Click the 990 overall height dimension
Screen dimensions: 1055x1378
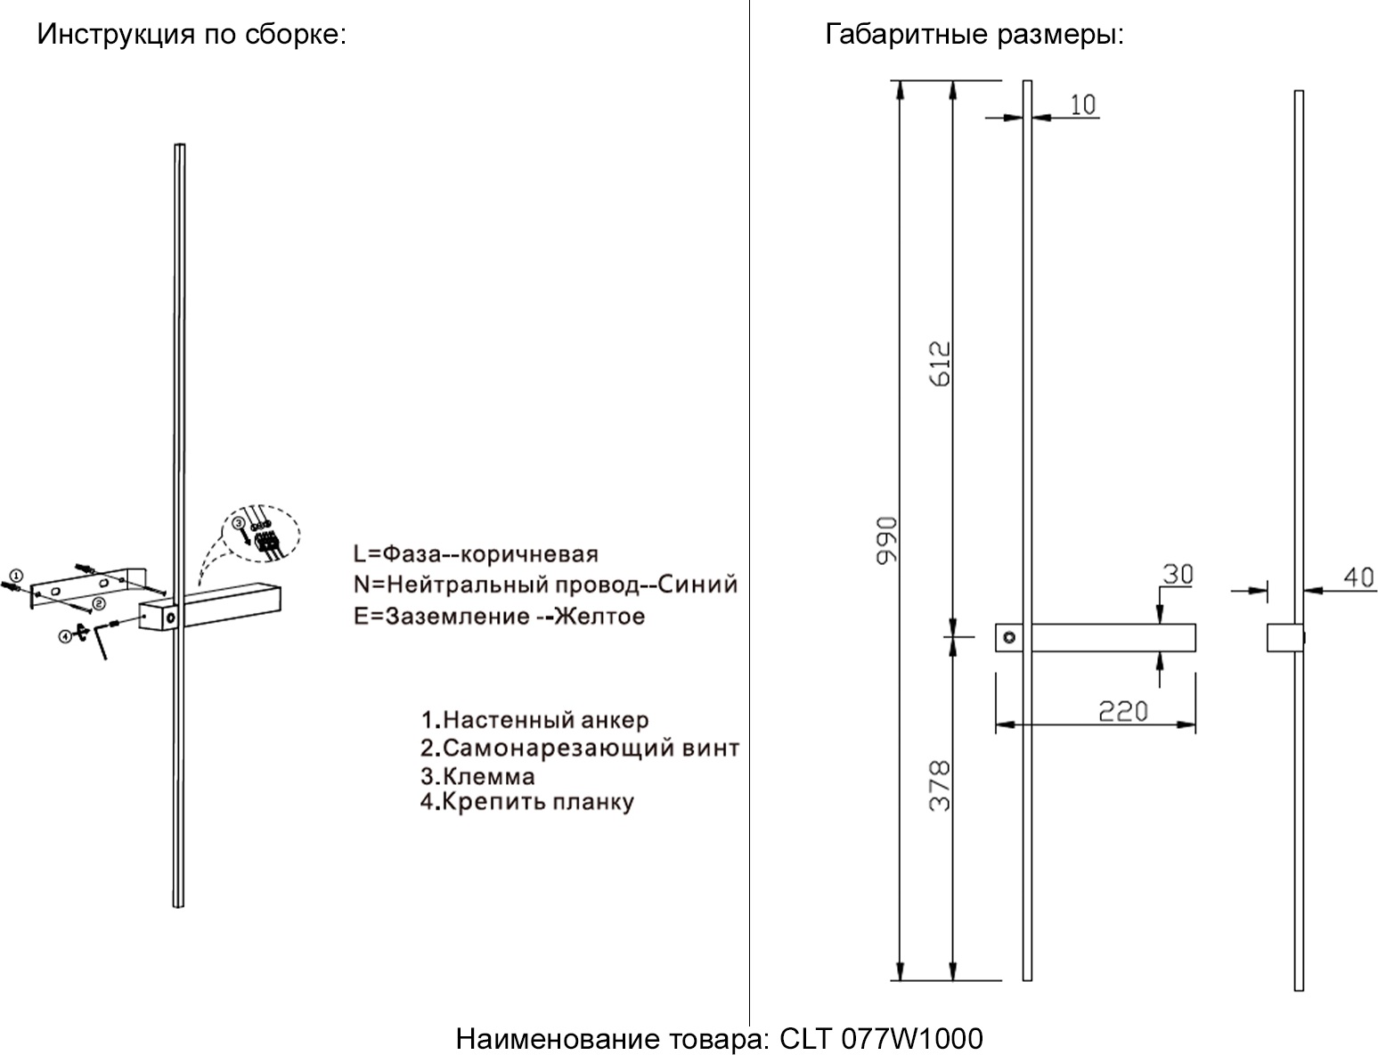886,539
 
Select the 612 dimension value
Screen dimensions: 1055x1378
940,363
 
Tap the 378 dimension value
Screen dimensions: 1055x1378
940,785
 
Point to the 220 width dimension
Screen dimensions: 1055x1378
1122,711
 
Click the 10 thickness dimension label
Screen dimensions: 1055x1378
1081,104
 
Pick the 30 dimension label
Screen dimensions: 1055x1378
1177,575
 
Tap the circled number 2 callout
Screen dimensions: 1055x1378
99,603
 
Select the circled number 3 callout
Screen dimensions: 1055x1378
239,523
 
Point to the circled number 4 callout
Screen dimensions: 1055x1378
65,635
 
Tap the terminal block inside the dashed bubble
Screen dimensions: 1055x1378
265,544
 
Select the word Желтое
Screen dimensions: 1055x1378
599,616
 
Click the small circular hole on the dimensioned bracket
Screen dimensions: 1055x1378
1009,637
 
